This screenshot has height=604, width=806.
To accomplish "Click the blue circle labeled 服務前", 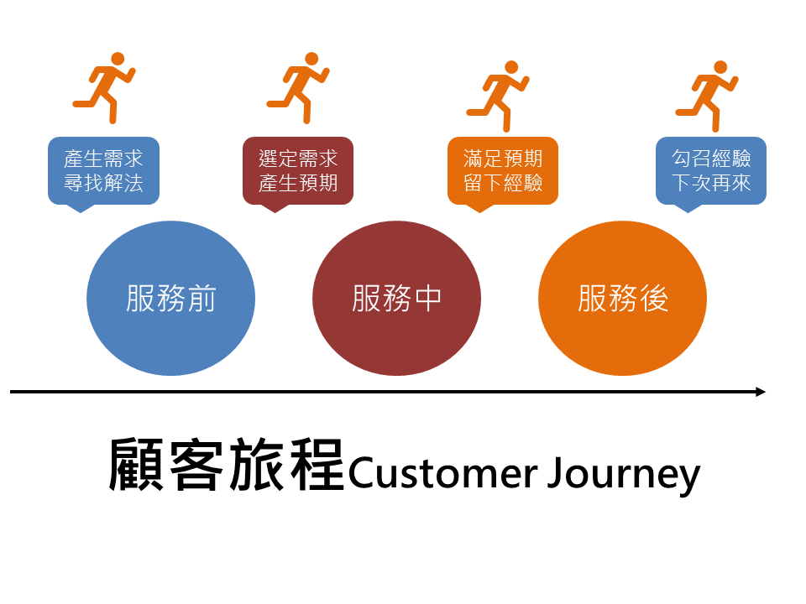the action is (170, 298).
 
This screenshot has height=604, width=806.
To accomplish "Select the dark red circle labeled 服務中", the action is (396, 298).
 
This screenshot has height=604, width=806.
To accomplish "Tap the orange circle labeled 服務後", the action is (622, 298).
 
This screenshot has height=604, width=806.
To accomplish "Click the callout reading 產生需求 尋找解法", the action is (103, 171).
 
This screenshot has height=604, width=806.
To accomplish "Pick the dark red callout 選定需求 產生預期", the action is (297, 171).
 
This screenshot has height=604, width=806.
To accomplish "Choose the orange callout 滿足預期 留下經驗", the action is (503, 171).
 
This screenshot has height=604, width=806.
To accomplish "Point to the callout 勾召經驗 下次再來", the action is (711, 171).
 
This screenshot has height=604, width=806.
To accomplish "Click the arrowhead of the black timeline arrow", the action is (761, 392).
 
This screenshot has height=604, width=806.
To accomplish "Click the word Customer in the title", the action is (443, 473).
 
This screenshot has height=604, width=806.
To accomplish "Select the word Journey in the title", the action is (624, 475).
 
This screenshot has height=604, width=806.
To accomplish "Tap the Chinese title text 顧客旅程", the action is (226, 465).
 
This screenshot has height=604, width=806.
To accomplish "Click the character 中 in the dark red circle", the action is (427, 298).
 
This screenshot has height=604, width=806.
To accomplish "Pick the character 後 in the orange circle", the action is (653, 298).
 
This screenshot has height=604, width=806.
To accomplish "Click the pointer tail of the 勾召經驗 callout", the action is (688, 210).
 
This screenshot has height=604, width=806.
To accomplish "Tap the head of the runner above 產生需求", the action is (118, 59).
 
